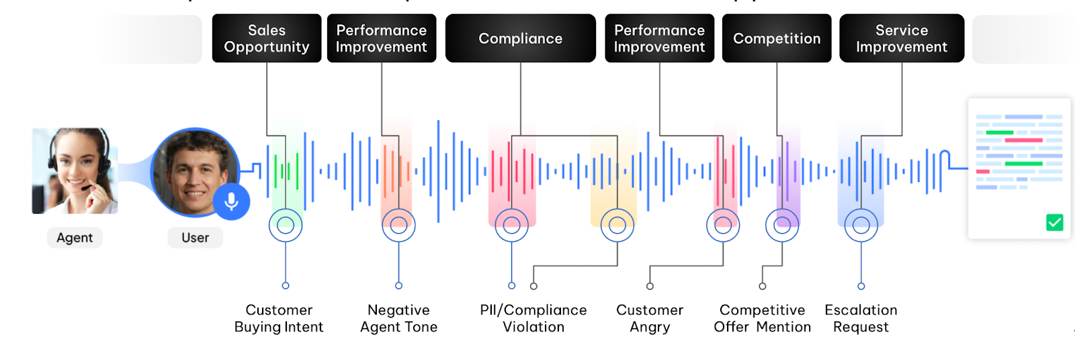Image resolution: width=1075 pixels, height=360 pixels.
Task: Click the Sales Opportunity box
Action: point(267,38)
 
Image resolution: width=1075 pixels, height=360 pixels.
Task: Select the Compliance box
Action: point(520,38)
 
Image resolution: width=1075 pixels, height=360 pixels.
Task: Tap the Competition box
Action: point(777,38)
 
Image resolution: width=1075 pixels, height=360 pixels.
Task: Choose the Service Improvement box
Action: point(902,38)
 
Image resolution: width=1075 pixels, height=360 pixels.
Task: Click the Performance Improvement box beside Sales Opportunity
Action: point(382,38)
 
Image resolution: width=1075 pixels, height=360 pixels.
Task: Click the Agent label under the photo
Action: point(75,238)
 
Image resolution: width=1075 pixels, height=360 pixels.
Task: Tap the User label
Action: point(195,238)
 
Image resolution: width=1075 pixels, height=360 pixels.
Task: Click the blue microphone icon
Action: point(231,201)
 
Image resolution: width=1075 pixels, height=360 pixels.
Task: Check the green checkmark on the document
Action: point(1054,222)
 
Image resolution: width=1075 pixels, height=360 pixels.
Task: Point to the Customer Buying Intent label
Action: point(279,318)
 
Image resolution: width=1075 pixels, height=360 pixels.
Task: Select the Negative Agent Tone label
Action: point(398,318)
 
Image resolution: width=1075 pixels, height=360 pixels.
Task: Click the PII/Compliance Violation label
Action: point(533,318)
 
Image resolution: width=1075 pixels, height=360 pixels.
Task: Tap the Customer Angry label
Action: point(650,318)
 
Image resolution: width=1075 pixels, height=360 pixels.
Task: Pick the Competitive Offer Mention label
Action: point(762,318)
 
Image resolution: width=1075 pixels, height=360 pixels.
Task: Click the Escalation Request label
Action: point(861,318)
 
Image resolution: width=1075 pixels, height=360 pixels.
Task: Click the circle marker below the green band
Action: point(286,226)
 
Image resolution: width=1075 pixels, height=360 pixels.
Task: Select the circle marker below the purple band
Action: point(782,226)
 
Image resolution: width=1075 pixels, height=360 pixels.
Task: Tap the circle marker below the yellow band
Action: point(617,226)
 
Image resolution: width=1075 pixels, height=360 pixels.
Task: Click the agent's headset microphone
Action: point(85,189)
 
